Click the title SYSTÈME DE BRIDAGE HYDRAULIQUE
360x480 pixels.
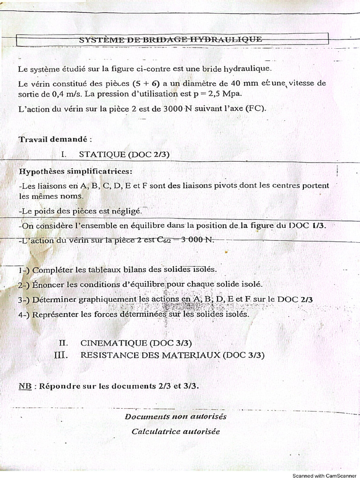(x=170, y=40)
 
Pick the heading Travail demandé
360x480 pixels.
(x=55, y=139)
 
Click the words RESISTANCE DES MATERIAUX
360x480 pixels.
(x=150, y=355)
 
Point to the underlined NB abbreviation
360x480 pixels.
(x=25, y=386)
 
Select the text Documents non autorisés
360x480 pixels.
(x=175, y=416)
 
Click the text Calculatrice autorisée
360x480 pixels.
(x=175, y=431)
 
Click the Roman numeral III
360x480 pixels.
(x=61, y=355)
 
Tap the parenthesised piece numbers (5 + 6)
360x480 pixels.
(x=146, y=83)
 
